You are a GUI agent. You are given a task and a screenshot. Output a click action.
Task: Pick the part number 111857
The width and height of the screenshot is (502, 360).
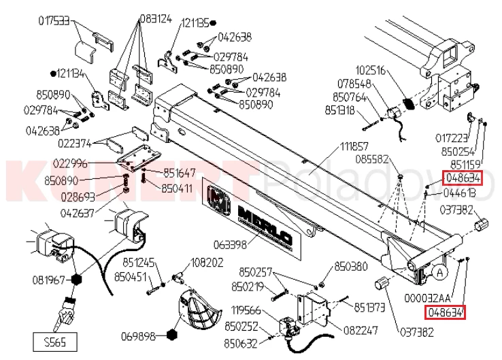point(354,146)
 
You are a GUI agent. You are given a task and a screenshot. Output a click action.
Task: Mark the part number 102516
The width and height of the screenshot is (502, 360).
point(371,69)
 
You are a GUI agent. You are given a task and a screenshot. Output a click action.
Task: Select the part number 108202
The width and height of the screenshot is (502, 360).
point(207,261)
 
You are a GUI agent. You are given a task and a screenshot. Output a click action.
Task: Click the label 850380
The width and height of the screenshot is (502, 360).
point(352,266)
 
